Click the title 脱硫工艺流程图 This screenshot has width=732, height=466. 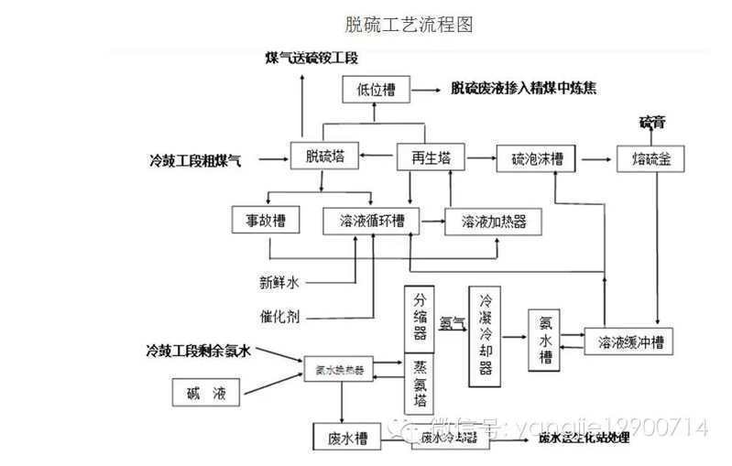coord(409,25)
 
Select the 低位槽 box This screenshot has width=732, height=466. coord(376,90)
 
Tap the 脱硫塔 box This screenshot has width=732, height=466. coord(324,157)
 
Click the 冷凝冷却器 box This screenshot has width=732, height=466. coord(486,334)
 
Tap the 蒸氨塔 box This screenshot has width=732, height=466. coord(421,384)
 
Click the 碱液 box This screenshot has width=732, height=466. coord(205,395)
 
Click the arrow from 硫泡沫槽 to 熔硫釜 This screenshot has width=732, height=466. coord(595,158)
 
